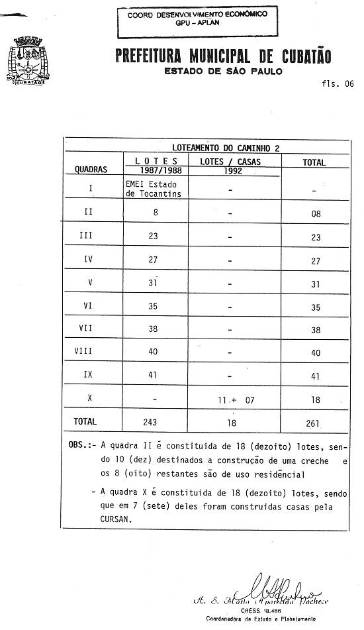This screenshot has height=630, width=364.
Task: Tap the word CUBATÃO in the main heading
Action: pyautogui.click(x=296, y=56)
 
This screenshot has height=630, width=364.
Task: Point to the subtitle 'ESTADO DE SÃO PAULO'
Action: pyautogui.click(x=223, y=72)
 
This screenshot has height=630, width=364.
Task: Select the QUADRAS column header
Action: pyautogui.click(x=91, y=170)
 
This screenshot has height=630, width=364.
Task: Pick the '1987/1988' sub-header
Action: pyautogui.click(x=156, y=170)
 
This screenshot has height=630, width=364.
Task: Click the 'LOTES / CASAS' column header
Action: pyautogui.click(x=230, y=161)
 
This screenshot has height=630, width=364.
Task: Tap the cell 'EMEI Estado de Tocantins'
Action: pyautogui.click(x=153, y=189)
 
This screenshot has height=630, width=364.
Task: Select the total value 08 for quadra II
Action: pyautogui.click(x=315, y=214)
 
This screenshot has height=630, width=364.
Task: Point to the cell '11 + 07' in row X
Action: pyautogui.click(x=232, y=399)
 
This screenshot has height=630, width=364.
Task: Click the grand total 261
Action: pyautogui.click(x=313, y=423)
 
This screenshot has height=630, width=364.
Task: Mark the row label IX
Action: pyautogui.click(x=88, y=375)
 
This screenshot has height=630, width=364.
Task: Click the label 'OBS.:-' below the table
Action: pyautogui.click(x=82, y=446)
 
